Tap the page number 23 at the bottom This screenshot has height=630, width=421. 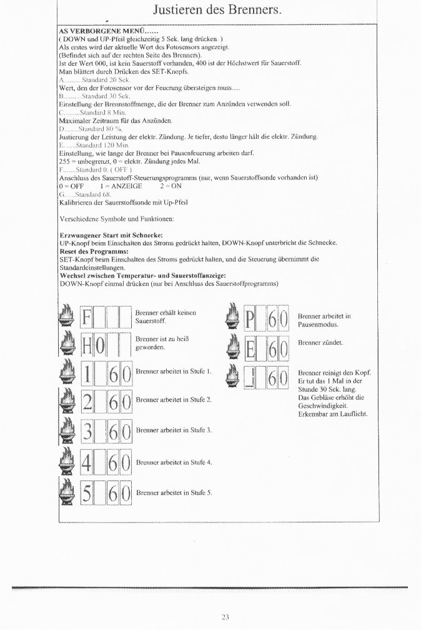pos(225,617)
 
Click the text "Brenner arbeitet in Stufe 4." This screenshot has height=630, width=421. pos(174,462)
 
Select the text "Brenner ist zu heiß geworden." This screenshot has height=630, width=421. pos(162,342)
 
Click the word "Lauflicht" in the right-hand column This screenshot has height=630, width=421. pos(355,414)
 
